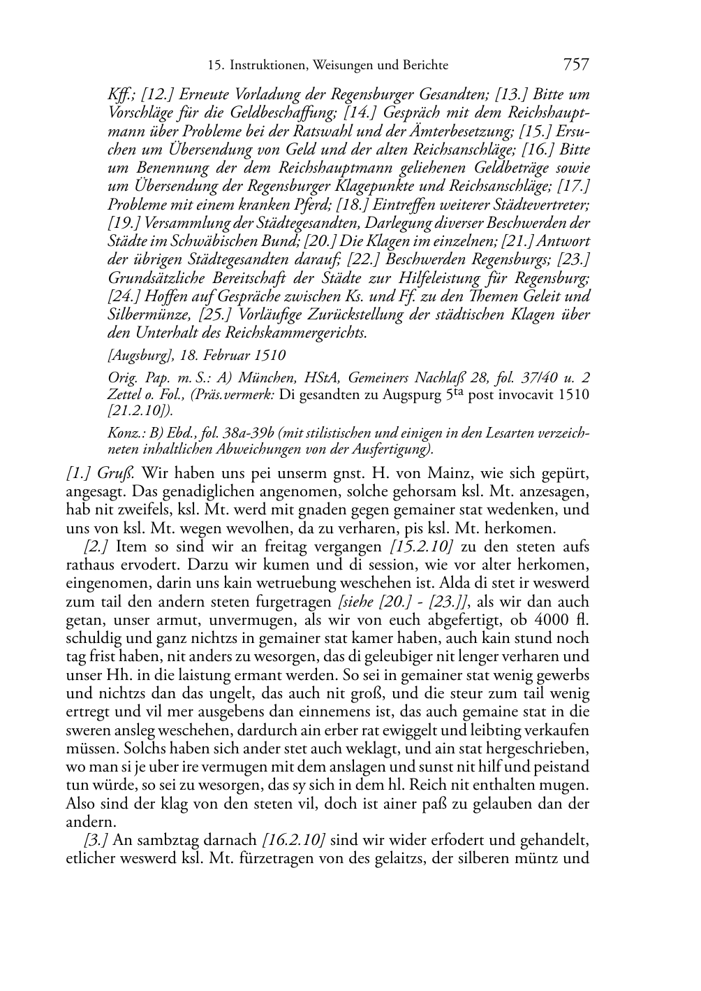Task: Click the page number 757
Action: tap(575, 65)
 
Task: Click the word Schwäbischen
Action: tap(226, 241)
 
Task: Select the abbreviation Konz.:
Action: tap(124, 433)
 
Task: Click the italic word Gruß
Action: tap(122, 473)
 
